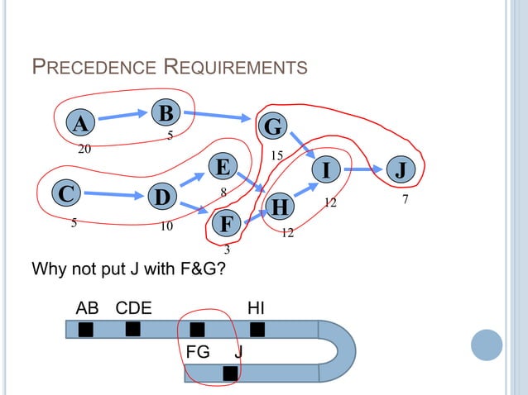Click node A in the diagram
click(x=79, y=124)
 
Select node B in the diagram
click(x=166, y=112)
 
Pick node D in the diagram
click(x=162, y=197)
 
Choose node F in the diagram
click(x=227, y=223)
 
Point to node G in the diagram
click(x=273, y=127)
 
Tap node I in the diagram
click(x=326, y=170)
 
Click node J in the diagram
click(x=400, y=170)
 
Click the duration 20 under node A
click(x=84, y=150)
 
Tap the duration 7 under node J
click(x=405, y=201)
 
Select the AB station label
click(x=87, y=308)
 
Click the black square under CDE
click(x=132, y=329)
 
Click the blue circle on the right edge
click(x=487, y=345)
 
